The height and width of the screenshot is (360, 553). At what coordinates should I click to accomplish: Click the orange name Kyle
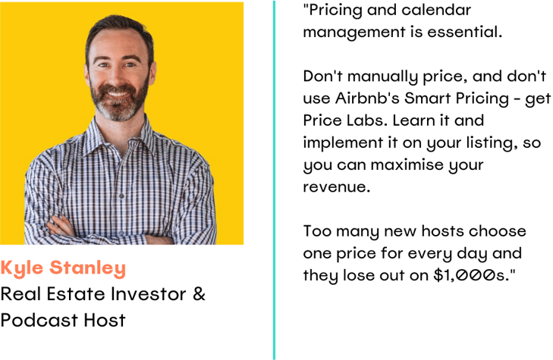click(22, 268)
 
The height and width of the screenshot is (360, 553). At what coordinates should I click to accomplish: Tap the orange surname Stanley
click(87, 268)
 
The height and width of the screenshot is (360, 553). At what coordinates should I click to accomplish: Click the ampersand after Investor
click(200, 293)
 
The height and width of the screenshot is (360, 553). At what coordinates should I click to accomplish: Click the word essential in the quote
click(465, 32)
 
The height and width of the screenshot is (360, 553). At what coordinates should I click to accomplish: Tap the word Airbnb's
click(367, 99)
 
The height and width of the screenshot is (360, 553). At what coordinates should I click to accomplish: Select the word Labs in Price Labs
click(367, 121)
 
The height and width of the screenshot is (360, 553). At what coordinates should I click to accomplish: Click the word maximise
click(407, 165)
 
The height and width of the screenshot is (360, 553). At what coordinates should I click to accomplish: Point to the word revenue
click(337, 187)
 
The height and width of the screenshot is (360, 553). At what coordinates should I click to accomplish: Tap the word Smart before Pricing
click(428, 99)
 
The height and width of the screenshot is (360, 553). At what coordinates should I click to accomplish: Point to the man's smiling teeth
click(117, 94)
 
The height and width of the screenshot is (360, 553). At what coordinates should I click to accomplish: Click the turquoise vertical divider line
click(274, 180)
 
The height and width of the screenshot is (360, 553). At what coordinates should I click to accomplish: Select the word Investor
click(148, 294)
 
